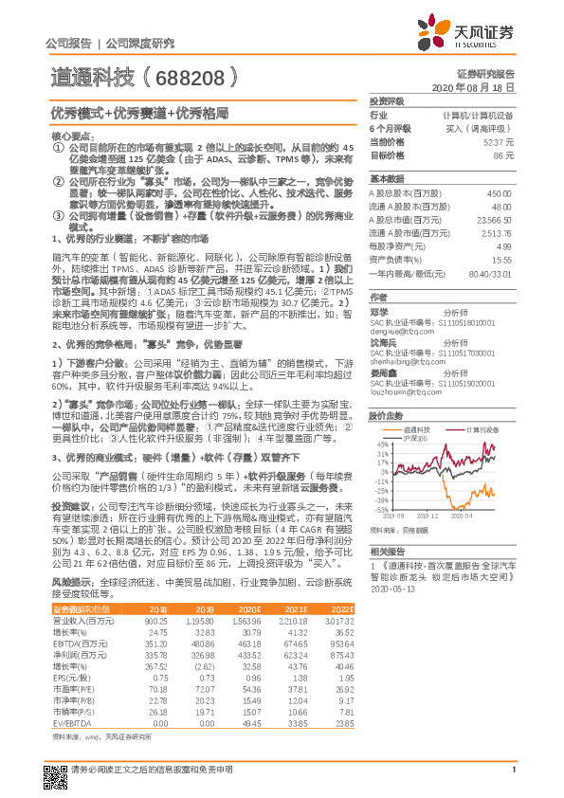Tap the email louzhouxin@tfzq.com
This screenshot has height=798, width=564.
tap(399, 389)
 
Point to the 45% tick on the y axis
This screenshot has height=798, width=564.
tap(382, 444)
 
